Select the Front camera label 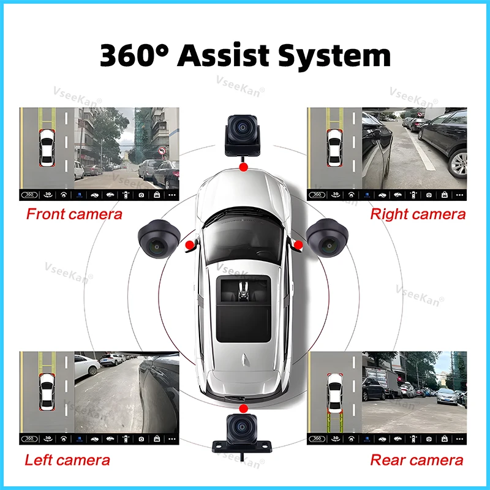coord(73,214)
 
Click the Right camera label coord(418,214)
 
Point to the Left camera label coord(67,460)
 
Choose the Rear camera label coord(417,460)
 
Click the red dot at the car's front coord(243,167)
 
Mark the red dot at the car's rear coord(243,407)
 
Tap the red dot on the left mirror coord(190,245)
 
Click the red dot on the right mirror coord(298,245)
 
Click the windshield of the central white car coord(243,236)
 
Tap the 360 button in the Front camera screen coord(29,195)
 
